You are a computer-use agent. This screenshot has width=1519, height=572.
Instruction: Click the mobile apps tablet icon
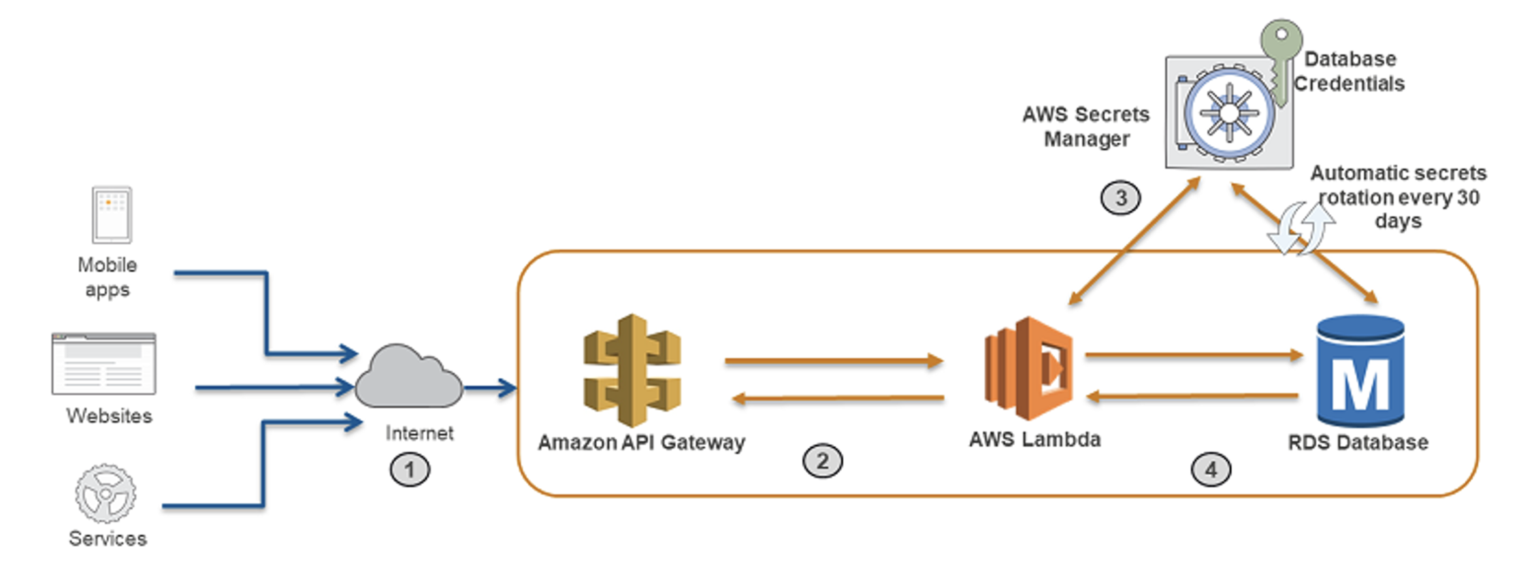pos(112,215)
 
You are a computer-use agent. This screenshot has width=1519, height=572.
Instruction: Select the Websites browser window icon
pos(104,364)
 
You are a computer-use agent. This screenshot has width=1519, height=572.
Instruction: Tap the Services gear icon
pos(105,494)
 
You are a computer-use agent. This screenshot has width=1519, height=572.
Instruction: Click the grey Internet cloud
pos(408,378)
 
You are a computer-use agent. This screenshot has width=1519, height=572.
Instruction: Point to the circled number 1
pos(410,469)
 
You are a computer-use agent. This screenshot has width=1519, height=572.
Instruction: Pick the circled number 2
pos(822,461)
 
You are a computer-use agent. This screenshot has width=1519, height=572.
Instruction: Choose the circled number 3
pos(1120,198)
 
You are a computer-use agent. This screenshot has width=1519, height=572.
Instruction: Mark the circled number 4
pos(1211,469)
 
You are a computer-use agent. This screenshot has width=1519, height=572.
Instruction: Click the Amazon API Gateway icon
pos(632,371)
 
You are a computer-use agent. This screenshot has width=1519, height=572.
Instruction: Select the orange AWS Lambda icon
pos(1028,367)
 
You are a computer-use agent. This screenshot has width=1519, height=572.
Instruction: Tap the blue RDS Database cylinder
pos(1360,371)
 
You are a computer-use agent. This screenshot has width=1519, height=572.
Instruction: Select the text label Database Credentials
pos(1349,71)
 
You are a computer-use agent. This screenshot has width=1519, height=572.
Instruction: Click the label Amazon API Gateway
pos(641,443)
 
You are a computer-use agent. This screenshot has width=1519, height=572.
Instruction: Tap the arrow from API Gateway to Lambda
pos(834,360)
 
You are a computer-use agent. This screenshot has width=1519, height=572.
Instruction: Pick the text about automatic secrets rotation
pos(1398,197)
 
